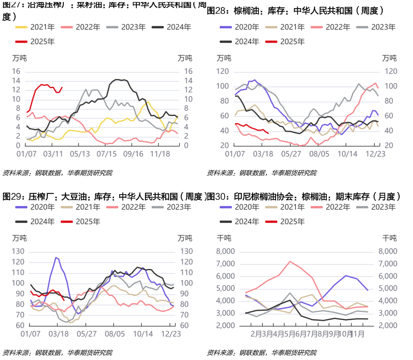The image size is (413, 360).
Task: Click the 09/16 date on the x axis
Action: [133, 154]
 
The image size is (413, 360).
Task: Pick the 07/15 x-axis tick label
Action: [106, 154]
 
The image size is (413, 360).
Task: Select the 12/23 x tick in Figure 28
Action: [375, 154]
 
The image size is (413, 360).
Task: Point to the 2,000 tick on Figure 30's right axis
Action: [388, 326]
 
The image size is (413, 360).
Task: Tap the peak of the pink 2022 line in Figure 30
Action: [289, 261]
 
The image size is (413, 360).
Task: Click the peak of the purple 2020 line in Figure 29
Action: [56, 257]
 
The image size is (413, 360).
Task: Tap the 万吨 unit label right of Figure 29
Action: [185, 238]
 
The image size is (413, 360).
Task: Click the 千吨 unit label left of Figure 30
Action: [224, 238]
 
